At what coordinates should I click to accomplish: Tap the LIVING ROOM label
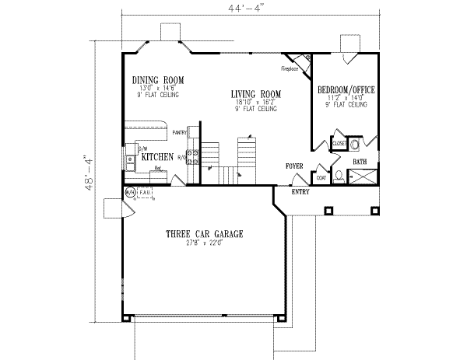(x=255, y=94)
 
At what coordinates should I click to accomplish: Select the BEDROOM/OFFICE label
(x=346, y=90)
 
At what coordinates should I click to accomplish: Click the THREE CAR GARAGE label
(x=205, y=233)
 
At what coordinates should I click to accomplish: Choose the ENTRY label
(x=300, y=190)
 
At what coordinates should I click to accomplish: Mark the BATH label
(x=360, y=162)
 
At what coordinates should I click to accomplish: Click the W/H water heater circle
(x=131, y=191)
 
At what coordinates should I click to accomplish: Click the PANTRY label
(x=181, y=133)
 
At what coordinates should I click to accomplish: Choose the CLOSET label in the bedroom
(x=339, y=144)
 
